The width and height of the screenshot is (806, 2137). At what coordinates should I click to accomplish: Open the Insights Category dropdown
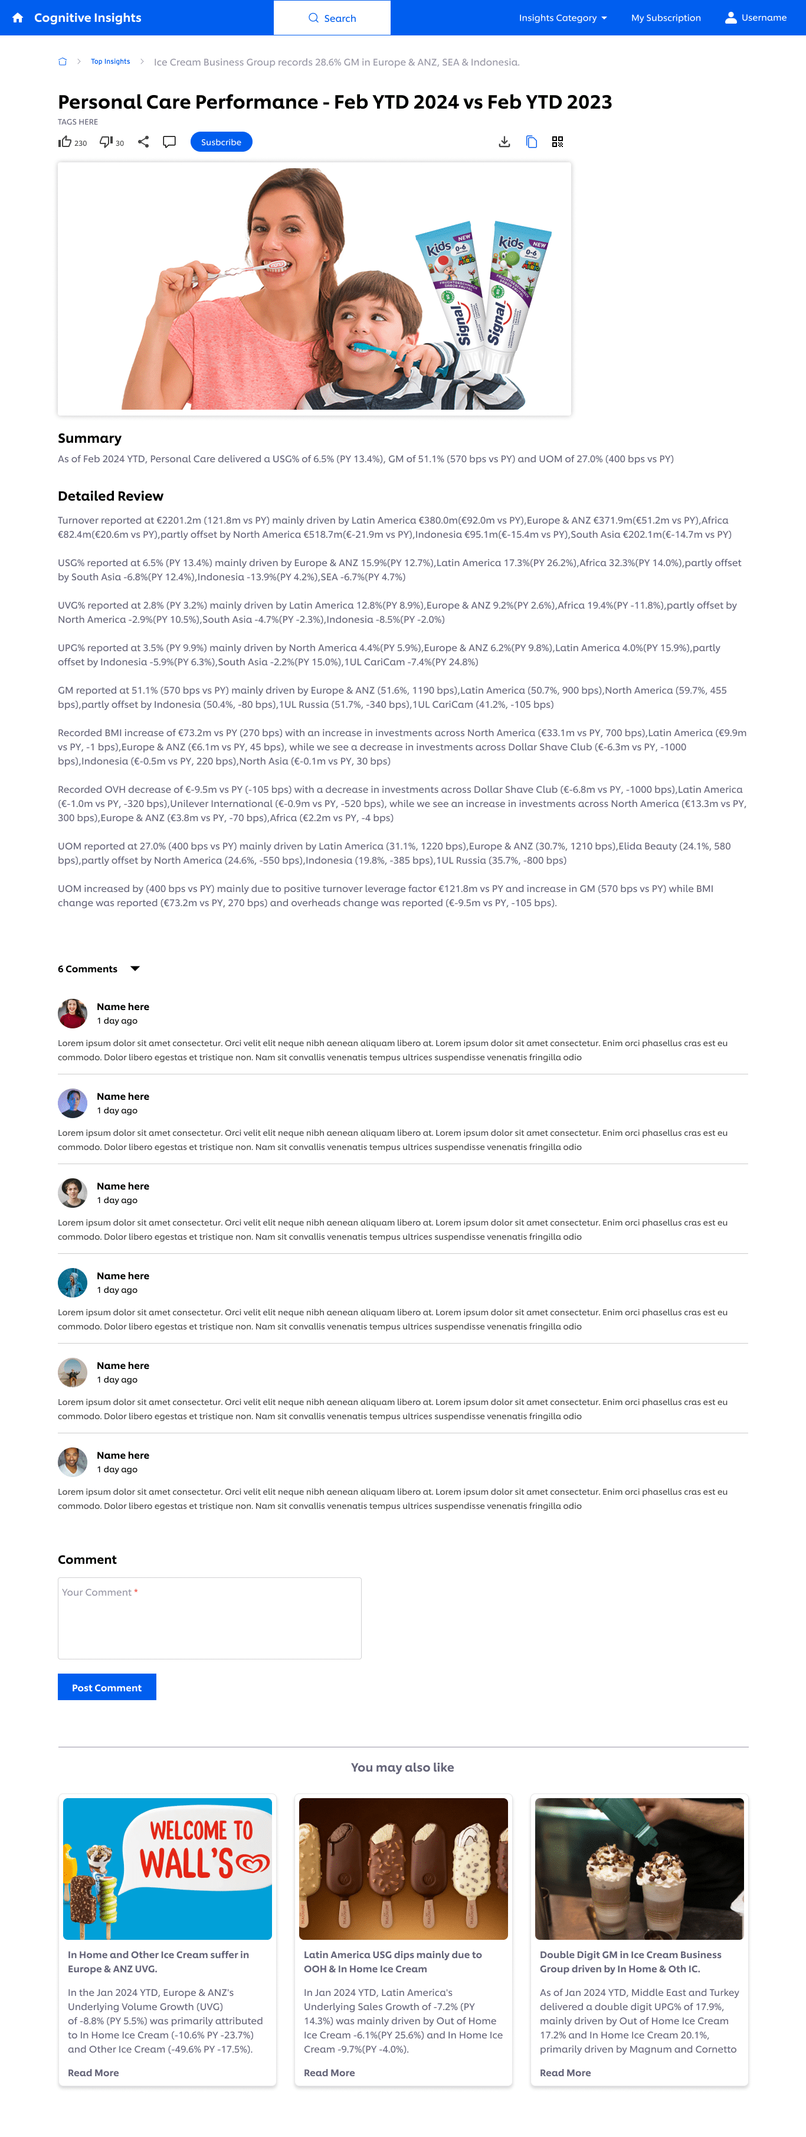pos(562,18)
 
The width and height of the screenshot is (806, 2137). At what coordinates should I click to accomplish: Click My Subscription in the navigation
pos(665,18)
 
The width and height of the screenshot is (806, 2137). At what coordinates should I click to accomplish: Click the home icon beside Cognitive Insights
pos(18,18)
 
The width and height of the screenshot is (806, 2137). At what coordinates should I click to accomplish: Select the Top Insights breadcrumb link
pos(110,61)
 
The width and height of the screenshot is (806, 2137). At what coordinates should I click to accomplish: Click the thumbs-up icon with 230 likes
pos(65,142)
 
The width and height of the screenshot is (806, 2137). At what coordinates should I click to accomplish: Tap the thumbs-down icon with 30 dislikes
pos(105,142)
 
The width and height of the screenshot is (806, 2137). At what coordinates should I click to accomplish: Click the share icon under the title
pos(143,142)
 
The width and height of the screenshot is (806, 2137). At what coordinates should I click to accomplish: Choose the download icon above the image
pos(504,142)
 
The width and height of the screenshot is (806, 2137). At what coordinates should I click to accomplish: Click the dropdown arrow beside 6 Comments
pos(135,968)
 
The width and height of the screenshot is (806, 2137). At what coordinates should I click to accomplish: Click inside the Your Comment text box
pos(209,1618)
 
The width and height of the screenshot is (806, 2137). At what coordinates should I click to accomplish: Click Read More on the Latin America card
pos(329,2072)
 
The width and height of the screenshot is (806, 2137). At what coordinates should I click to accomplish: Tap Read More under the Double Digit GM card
pos(565,2072)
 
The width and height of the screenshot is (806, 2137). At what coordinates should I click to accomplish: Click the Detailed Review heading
pos(110,496)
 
